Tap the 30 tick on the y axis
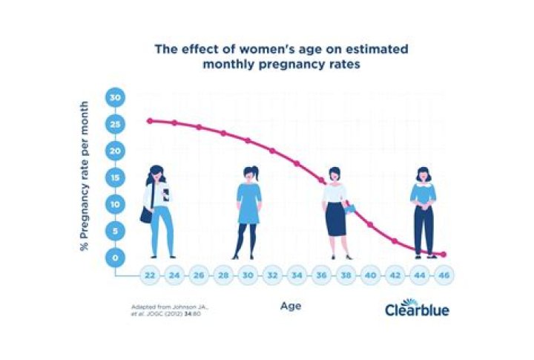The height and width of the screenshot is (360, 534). coord(116,98)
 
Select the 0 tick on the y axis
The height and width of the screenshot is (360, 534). coord(116,258)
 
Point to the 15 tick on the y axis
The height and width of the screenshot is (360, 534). coord(116,177)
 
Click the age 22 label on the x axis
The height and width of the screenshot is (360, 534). coord(150,275)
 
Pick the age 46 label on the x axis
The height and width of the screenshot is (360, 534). coord(443,275)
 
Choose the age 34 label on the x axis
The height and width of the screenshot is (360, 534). coord(297,275)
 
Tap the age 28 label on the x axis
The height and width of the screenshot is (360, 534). coord(223,275)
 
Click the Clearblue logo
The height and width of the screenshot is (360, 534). coord(417,308)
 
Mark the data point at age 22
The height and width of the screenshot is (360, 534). coord(150,120)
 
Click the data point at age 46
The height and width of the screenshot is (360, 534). coord(443,255)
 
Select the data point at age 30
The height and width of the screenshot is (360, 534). coord(248,140)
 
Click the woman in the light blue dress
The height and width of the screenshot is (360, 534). coord(249,210)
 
